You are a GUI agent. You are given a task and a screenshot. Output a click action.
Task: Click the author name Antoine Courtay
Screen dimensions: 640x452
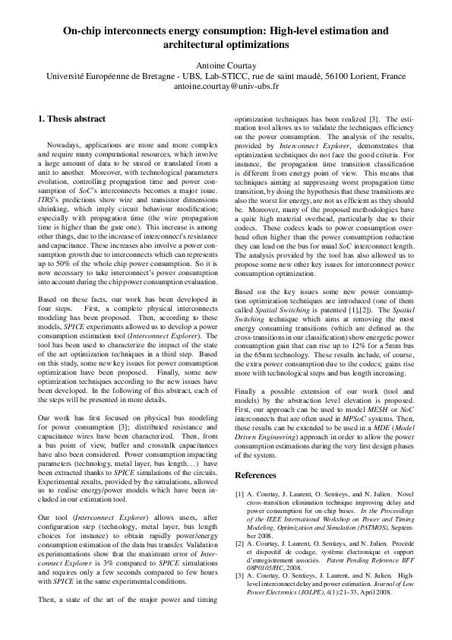click(226, 65)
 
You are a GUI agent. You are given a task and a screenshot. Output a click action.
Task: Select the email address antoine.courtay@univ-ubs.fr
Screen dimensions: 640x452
click(226, 87)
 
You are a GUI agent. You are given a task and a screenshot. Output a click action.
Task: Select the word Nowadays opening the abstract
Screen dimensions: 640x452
click(65, 144)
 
